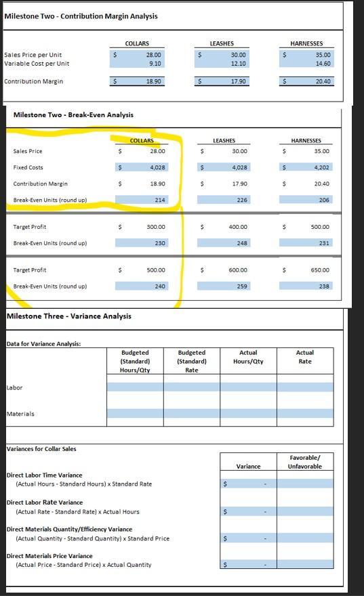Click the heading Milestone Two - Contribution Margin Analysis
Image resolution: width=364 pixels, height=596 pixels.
(x=81, y=16)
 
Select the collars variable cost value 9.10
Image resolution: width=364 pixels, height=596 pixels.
(x=154, y=64)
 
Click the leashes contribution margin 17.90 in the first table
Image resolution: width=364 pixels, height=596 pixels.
(x=238, y=82)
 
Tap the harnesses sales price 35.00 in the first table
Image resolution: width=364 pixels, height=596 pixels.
(x=323, y=54)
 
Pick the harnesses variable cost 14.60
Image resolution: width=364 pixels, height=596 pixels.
(x=323, y=64)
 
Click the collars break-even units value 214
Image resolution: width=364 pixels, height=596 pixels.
(x=160, y=200)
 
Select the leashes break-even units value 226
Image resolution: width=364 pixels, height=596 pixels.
(x=242, y=200)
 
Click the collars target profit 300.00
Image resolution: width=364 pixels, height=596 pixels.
(x=156, y=227)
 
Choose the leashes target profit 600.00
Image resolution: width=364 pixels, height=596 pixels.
(x=238, y=270)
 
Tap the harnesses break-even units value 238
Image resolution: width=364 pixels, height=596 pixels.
(x=324, y=286)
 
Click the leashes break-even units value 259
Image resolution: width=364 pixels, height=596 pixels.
(x=242, y=286)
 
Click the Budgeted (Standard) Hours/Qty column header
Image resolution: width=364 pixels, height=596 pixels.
(x=135, y=361)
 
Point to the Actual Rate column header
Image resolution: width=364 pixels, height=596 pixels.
(x=305, y=357)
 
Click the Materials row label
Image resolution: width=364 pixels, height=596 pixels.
(x=20, y=414)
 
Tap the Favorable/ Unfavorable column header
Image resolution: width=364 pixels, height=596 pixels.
(x=305, y=462)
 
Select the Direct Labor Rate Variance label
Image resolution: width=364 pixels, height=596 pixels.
(x=45, y=503)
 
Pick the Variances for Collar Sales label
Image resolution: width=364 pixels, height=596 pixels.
(x=41, y=449)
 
